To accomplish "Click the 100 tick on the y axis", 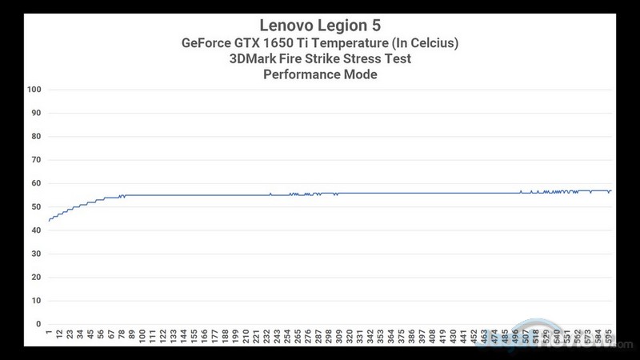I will (x=33, y=90).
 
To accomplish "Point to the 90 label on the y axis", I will (x=34, y=113).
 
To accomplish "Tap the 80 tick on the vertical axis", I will (x=34, y=136).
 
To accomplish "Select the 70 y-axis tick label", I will (x=34, y=160).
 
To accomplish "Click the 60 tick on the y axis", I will (x=34, y=183).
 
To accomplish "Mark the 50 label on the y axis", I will (x=34, y=206).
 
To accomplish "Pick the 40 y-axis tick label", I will (x=34, y=230).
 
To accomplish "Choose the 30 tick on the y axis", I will (x=34, y=254).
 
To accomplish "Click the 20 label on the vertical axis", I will (x=34, y=277).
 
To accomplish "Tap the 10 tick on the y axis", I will (x=34, y=301).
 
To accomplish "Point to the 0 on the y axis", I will (x=37, y=324).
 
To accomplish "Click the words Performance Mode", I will (x=319, y=76).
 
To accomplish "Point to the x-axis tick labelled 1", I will (x=49, y=333).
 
